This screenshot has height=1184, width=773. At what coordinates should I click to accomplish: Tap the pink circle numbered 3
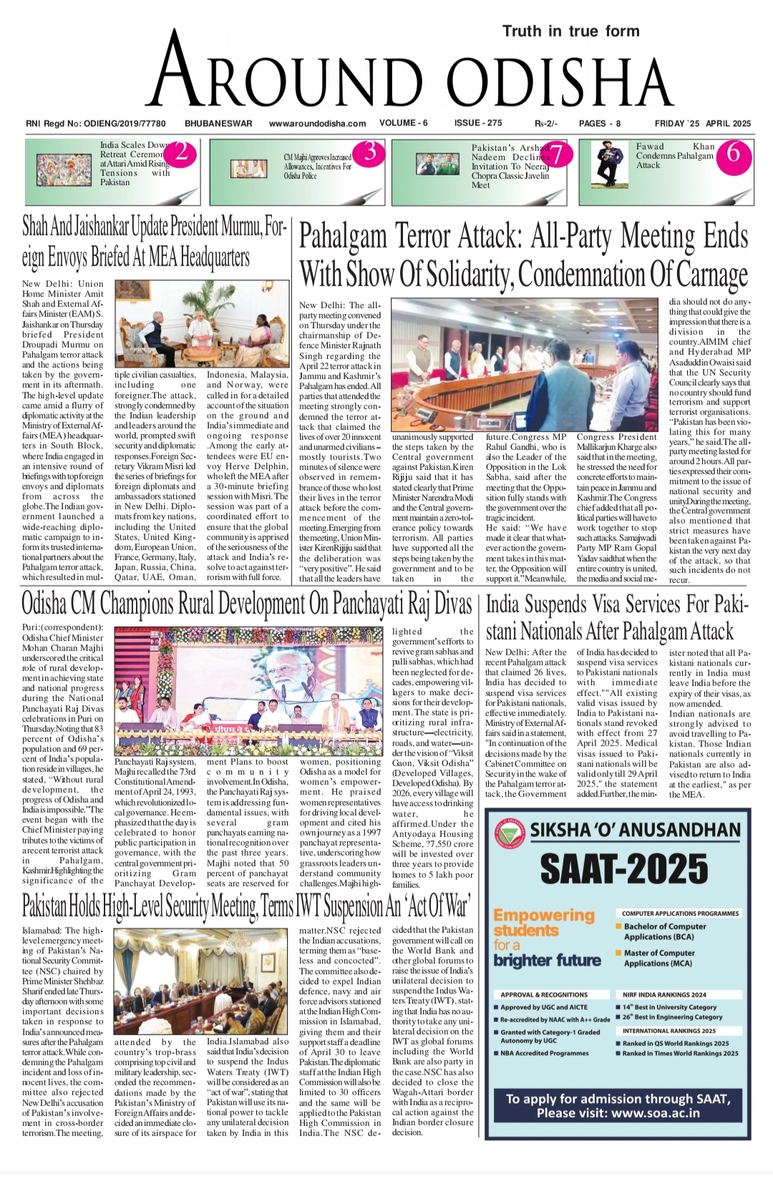(x=369, y=152)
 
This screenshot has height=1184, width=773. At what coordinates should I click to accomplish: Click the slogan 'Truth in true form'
(x=570, y=31)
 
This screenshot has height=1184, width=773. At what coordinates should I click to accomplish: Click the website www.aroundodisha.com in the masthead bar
(x=317, y=123)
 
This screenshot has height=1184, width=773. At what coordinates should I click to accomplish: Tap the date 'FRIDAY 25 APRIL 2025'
(x=702, y=123)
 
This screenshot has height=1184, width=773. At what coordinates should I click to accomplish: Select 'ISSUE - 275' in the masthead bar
(x=478, y=123)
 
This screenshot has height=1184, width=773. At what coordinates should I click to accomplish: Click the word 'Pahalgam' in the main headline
(x=343, y=237)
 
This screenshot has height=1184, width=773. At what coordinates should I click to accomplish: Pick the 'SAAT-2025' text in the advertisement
(x=623, y=869)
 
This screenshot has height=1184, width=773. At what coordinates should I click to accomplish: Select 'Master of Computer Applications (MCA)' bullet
(x=658, y=958)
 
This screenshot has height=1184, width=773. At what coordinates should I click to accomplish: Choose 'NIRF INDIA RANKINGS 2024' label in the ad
(x=663, y=994)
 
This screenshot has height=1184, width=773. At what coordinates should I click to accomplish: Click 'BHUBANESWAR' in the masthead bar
(x=218, y=123)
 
